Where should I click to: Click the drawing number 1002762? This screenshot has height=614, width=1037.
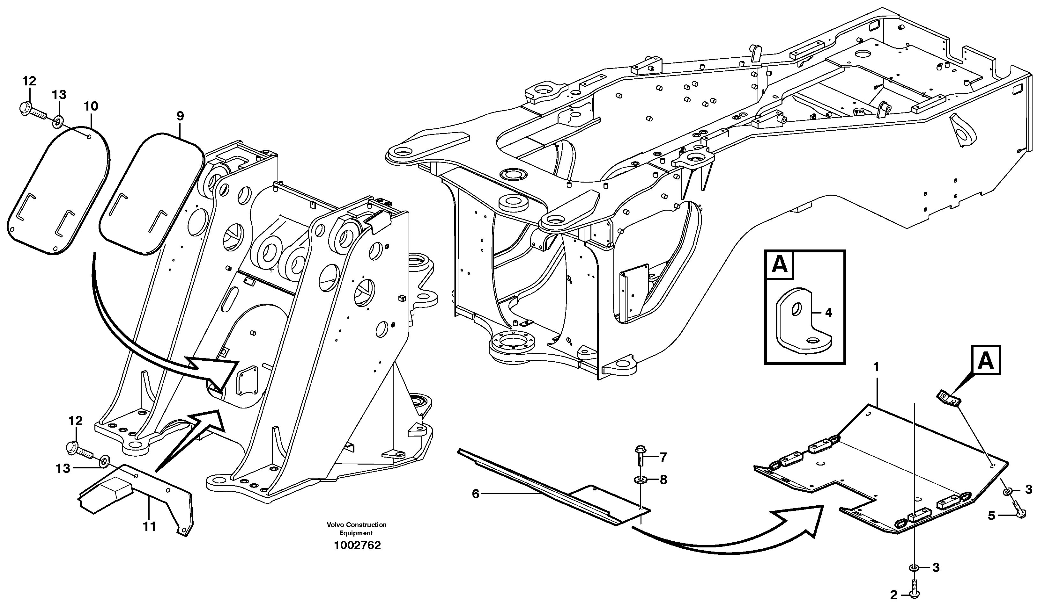tap(357, 545)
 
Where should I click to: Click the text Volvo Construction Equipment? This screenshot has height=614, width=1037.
tap(357, 529)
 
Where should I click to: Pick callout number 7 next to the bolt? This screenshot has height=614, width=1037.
tap(663, 457)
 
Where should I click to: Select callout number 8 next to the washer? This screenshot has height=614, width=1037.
tap(663, 480)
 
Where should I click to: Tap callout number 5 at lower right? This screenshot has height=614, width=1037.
tap(991, 516)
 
